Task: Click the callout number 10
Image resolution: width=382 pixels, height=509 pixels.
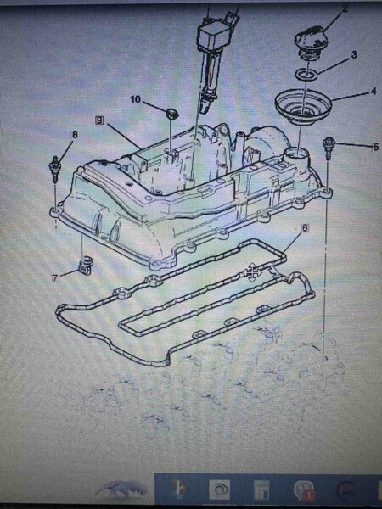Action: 136,99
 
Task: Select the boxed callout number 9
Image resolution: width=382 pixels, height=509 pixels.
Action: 99,120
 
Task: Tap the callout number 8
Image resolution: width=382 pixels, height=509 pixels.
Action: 75,135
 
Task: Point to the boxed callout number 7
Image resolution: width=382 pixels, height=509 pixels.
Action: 56,278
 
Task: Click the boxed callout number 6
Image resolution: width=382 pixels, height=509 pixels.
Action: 305,227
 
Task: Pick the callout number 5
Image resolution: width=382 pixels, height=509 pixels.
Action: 376,147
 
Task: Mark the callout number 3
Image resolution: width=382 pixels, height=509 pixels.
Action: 354,54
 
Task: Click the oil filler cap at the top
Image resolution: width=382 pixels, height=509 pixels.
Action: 311,44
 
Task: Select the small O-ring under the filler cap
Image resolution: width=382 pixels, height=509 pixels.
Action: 306,74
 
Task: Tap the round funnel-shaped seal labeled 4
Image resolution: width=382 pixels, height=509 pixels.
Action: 303,106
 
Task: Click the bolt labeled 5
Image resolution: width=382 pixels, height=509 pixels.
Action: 328,148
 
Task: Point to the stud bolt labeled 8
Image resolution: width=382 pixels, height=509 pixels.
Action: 54,169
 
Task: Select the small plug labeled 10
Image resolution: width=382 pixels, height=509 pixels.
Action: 171,114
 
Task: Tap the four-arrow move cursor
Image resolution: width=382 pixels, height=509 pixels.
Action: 252,272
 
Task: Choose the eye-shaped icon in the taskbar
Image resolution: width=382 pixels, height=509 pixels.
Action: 219,489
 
